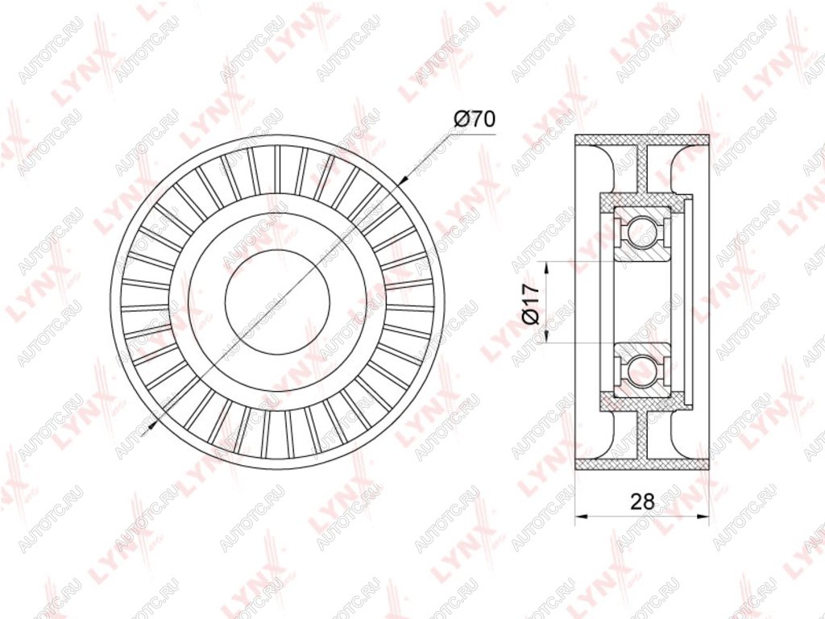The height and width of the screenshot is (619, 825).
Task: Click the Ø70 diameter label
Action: [474, 119]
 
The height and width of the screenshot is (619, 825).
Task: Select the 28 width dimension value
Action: [643, 501]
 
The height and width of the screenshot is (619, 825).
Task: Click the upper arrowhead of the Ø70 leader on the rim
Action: [404, 179]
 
